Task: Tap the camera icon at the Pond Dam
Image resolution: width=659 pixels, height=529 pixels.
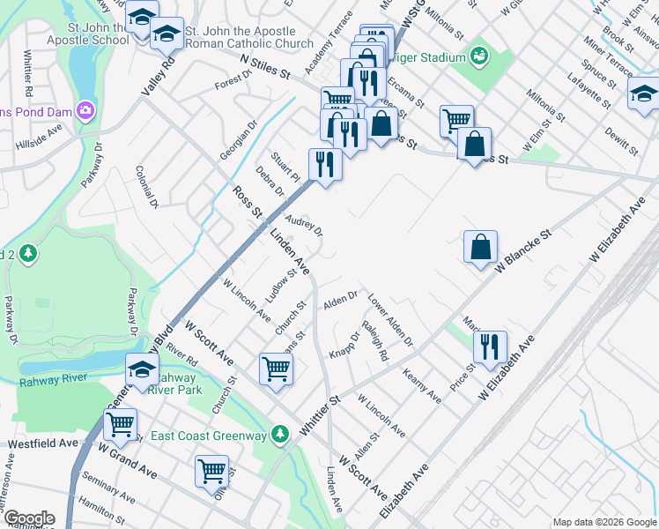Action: pyautogui.click(x=86, y=111)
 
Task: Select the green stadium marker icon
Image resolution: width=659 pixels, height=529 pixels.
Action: pyautogui.click(x=480, y=57)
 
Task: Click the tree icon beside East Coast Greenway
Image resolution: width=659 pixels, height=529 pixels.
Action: pyautogui.click(x=280, y=435)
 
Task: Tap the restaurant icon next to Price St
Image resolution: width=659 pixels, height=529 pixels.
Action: pyautogui.click(x=490, y=347)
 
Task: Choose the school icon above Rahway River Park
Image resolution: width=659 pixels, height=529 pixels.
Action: pyautogui.click(x=141, y=369)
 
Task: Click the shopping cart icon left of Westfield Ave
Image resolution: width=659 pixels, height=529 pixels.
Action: pyautogui.click(x=120, y=424)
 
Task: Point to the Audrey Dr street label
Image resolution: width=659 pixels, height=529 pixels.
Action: pyautogui.click(x=304, y=226)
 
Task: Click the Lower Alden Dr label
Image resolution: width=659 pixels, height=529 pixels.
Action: pyautogui.click(x=390, y=320)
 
